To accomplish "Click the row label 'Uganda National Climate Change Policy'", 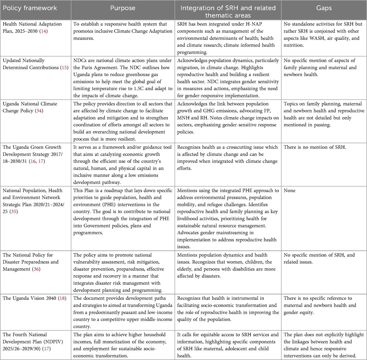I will (x=30, y=107).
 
